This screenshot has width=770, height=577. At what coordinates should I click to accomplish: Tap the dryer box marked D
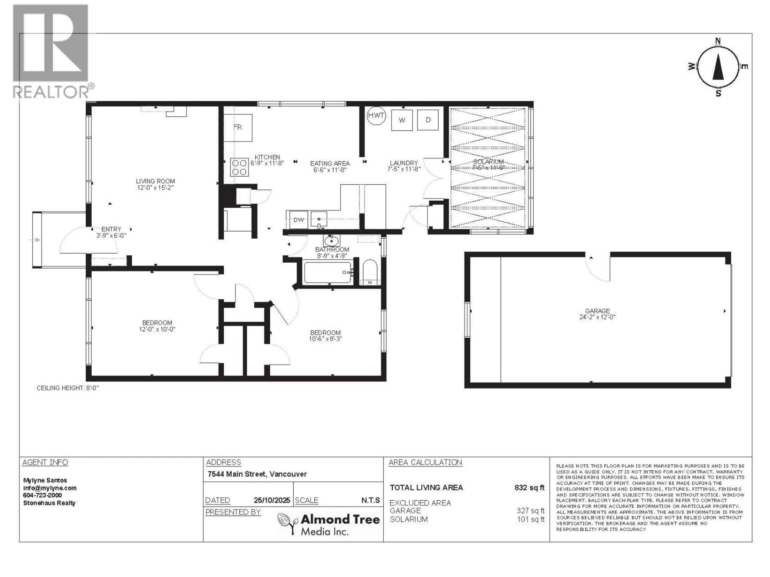[x=428, y=120]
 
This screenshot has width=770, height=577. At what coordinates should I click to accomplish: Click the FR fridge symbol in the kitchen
[x=238, y=127]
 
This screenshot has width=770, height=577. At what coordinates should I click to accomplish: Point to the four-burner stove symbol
[x=239, y=167]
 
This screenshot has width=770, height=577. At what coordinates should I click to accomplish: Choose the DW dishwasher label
[x=299, y=220]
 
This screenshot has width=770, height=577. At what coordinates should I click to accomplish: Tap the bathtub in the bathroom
[x=328, y=273]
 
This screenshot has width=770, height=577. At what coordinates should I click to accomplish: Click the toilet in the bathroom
[x=370, y=273]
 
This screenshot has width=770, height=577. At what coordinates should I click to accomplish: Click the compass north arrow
[x=718, y=68]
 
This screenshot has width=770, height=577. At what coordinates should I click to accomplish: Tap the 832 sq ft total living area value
[x=529, y=488]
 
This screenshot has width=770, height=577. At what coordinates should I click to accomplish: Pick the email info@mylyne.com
[x=50, y=488]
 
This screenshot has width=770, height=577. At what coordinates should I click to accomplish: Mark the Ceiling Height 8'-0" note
[x=68, y=388]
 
